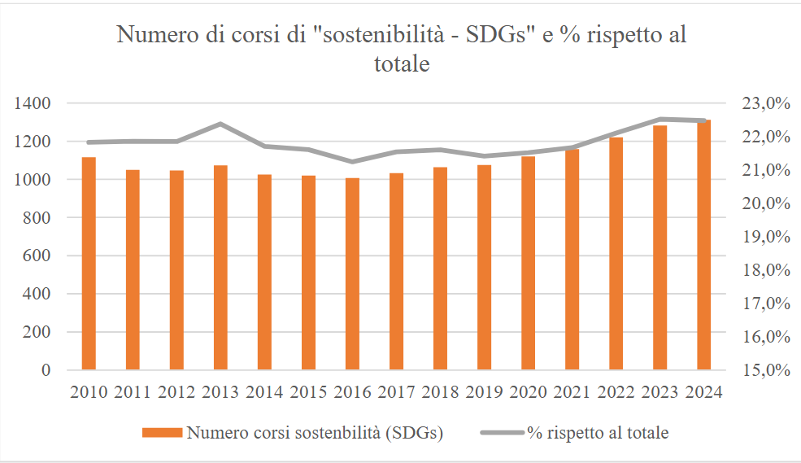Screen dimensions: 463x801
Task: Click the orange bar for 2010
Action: [x=89, y=264]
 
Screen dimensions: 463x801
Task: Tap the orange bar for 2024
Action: [x=703, y=245]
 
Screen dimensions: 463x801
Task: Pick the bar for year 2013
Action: [x=220, y=268]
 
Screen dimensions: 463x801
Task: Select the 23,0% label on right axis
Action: [x=767, y=103]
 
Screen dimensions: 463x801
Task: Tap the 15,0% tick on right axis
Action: [x=767, y=370]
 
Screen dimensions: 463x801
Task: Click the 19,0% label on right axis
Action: [x=767, y=237]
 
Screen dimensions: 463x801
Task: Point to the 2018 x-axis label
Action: [x=440, y=392]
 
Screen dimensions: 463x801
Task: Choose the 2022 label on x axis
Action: [x=616, y=392]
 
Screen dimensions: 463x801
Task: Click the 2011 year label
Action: [x=133, y=392]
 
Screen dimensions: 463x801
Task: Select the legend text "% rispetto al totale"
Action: [x=597, y=433]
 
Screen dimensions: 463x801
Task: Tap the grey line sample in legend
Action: [x=501, y=433]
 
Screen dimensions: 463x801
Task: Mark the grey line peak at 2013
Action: [x=220, y=124]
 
